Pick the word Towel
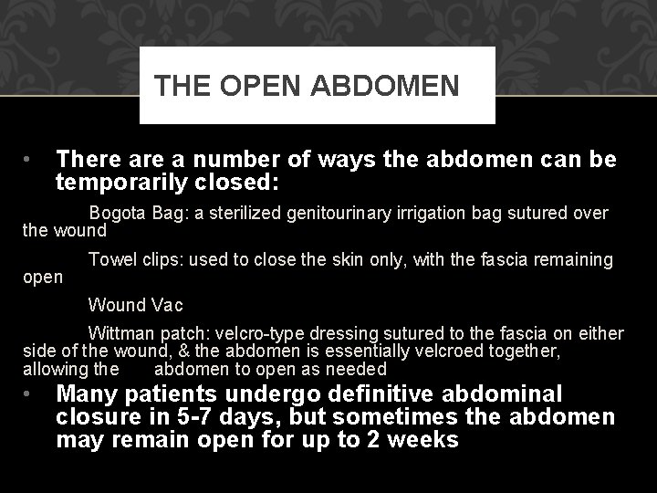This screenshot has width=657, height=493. pyautogui.click(x=111, y=260)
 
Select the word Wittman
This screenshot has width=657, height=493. pyautogui.click(x=120, y=333)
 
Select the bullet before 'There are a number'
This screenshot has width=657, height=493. pyautogui.click(x=30, y=161)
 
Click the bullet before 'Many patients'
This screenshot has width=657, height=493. pyautogui.click(x=30, y=395)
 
